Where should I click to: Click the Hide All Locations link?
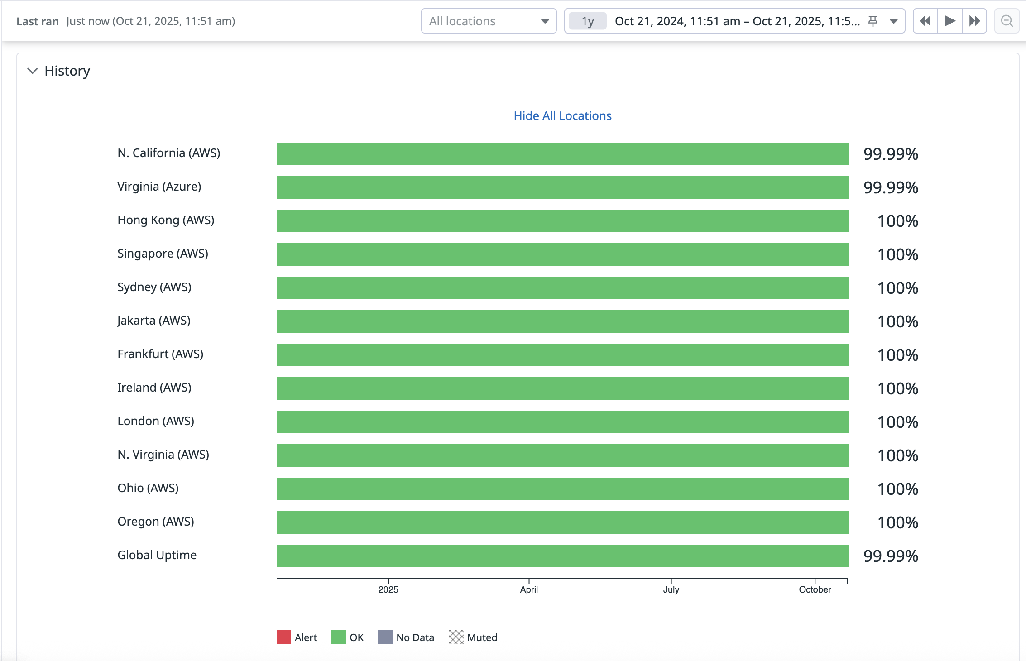tap(562, 116)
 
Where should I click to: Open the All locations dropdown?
tap(489, 21)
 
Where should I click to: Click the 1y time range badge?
tap(587, 21)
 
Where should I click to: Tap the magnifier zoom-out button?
tap(1007, 21)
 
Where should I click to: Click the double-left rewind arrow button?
tap(925, 21)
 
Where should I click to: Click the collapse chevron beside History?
tap(33, 71)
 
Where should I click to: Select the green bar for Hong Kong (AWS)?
tap(562, 221)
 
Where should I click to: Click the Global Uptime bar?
tap(562, 556)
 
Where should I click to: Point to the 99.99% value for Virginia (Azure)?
tap(890, 187)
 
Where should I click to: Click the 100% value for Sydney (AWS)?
tap(897, 288)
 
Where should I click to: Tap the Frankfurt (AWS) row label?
tap(160, 354)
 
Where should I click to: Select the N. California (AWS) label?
tap(168, 153)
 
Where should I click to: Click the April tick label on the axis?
tap(529, 589)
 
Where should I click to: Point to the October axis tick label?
tap(815, 589)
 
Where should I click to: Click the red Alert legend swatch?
tap(284, 637)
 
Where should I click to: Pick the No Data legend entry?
tap(406, 637)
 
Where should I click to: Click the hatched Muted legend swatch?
tap(456, 637)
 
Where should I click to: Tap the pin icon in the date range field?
tap(873, 21)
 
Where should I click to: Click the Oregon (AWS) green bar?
tap(562, 522)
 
